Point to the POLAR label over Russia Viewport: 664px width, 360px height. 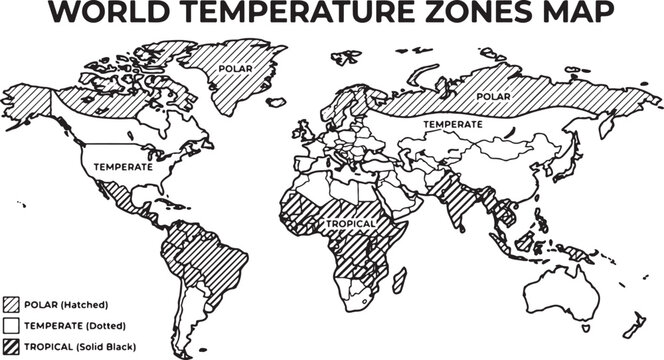pyautogui.click(x=491, y=96)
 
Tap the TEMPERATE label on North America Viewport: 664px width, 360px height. pyautogui.click(x=123, y=167)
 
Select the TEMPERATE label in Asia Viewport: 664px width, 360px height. pyautogui.click(x=453, y=123)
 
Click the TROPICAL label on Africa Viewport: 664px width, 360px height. pyautogui.click(x=348, y=223)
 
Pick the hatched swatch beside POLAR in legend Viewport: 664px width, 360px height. pyautogui.click(x=11, y=304)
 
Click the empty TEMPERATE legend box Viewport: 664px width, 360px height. pyautogui.click(x=11, y=325)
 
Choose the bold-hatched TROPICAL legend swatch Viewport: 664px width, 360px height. pyautogui.click(x=11, y=346)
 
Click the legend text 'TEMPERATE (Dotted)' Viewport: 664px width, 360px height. pyautogui.click(x=72, y=325)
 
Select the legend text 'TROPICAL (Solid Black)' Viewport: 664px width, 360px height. pyautogui.click(x=79, y=346)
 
